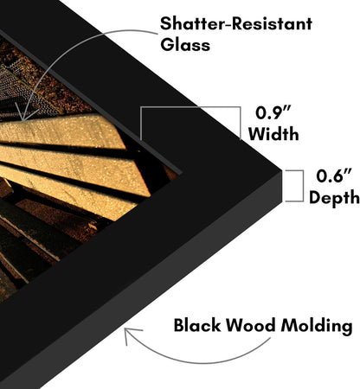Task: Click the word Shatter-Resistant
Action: click(x=236, y=23)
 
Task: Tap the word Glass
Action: click(x=185, y=45)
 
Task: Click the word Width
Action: click(x=273, y=134)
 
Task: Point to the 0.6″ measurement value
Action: click(x=334, y=175)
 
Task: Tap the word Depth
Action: click(x=334, y=198)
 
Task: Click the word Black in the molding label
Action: click(x=196, y=325)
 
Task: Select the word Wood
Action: click(x=250, y=326)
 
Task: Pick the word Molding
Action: click(x=317, y=326)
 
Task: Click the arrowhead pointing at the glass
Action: click(x=22, y=115)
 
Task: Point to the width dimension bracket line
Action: click(x=190, y=107)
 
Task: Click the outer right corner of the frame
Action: click(x=281, y=172)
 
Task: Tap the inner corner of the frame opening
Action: click(x=182, y=173)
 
